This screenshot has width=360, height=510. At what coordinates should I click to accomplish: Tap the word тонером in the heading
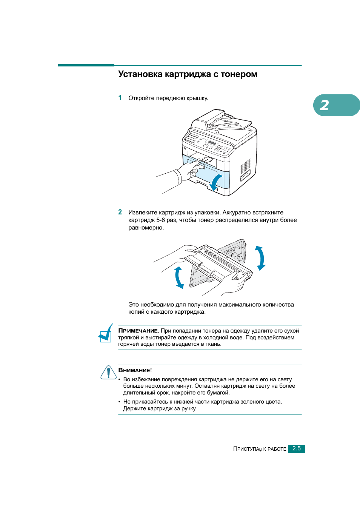[239, 74]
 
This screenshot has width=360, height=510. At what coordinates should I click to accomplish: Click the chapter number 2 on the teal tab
[325, 105]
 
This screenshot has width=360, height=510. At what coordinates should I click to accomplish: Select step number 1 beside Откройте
[120, 98]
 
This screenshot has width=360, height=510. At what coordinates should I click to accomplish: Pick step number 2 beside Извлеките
[120, 212]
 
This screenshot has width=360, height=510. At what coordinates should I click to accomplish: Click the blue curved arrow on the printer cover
[216, 182]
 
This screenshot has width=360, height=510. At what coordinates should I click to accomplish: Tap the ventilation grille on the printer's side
[245, 166]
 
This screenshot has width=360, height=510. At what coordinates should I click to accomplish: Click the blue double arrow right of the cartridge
[260, 258]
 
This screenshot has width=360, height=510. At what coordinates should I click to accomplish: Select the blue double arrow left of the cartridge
[179, 277]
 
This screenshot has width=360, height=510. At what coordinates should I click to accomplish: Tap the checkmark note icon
[106, 333]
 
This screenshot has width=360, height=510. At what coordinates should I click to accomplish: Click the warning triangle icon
[108, 373]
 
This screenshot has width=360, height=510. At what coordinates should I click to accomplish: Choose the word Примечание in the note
[138, 331]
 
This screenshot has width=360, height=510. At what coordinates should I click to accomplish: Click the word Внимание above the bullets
[134, 370]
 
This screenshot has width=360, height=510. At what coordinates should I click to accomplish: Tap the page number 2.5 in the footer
[297, 448]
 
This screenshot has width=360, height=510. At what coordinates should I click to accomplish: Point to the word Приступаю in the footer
[247, 449]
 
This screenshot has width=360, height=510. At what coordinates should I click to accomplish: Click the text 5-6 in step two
[160, 220]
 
